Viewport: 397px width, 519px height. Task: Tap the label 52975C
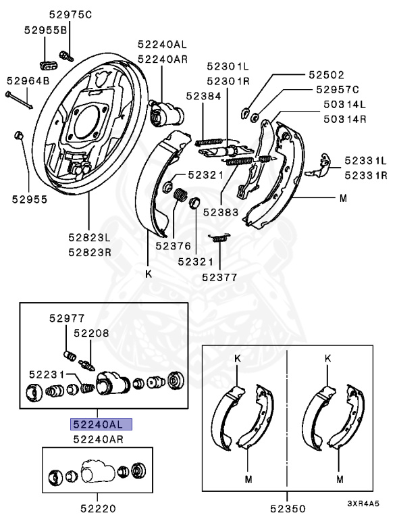coord(70,15)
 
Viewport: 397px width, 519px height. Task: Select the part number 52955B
coord(46,30)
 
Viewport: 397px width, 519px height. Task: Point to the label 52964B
coord(28,80)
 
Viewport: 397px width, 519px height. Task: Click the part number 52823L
coord(90,237)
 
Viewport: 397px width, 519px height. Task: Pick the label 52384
coord(203,96)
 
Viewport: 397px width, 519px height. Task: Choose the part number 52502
coord(327,75)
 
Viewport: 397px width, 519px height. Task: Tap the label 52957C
coord(338,89)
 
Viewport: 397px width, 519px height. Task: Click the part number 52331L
coord(365,161)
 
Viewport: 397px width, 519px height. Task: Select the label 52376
coord(174,246)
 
